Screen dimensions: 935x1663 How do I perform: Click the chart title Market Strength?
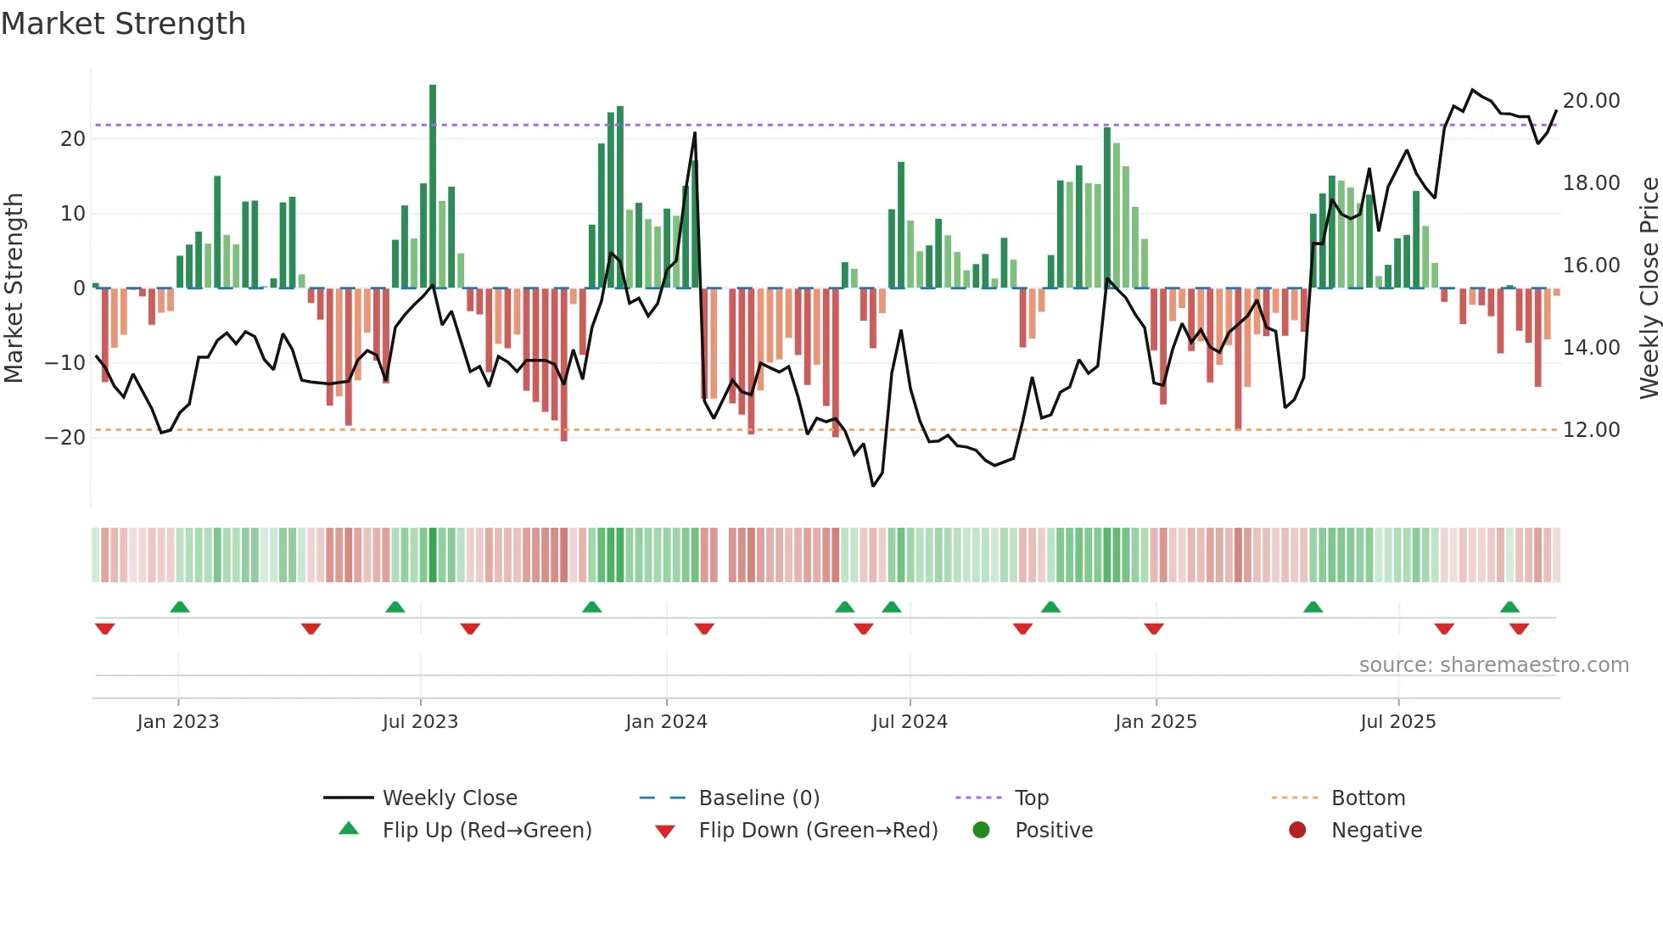[123, 24]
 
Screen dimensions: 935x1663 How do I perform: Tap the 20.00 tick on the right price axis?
[1591, 101]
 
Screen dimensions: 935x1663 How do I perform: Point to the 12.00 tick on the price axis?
[1591, 430]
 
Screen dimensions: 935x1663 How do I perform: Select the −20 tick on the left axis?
[65, 438]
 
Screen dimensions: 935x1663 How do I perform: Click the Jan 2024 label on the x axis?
[666, 722]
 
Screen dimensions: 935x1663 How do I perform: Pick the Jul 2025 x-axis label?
[1397, 722]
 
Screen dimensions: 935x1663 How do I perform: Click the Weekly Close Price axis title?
[1649, 288]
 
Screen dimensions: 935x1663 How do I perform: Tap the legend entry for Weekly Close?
[449, 798]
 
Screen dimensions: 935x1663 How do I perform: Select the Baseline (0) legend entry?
[759, 798]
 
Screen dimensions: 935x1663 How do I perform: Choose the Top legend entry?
[1031, 798]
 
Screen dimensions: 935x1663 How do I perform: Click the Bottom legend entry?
[1368, 798]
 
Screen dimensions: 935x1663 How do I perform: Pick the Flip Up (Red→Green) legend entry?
[486, 831]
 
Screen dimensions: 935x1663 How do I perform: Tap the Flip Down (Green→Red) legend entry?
[818, 831]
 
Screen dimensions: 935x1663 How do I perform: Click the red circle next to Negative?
[1297, 830]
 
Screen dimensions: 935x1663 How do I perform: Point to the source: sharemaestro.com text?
[1493, 665]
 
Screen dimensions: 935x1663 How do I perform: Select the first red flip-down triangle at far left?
[105, 629]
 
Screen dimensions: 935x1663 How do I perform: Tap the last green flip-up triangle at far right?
[1509, 607]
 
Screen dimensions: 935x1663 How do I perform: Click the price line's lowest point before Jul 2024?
[873, 485]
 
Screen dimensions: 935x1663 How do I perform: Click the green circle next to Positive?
[981, 830]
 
